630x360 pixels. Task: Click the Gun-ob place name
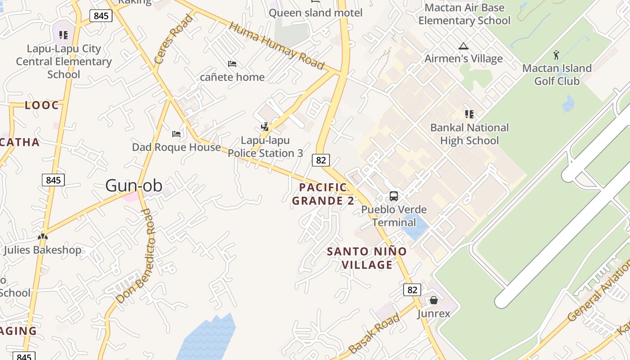(x=134, y=185)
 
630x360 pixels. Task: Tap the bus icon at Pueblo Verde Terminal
(x=394, y=196)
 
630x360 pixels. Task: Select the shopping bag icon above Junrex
(x=434, y=300)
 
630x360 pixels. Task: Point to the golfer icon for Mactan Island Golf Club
(x=557, y=55)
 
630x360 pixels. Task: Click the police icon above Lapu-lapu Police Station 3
(x=265, y=127)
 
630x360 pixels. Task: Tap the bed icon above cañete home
(x=232, y=64)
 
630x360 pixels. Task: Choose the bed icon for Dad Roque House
(x=176, y=134)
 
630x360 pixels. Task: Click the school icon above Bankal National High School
(x=469, y=114)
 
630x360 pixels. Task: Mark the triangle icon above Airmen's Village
(x=463, y=46)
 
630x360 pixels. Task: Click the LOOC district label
(x=42, y=105)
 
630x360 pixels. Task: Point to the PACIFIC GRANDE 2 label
(x=323, y=194)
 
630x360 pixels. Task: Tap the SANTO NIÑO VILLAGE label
(x=367, y=258)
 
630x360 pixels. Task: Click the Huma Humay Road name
(x=276, y=46)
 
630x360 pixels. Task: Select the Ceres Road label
(x=173, y=39)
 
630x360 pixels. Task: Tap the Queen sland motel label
(x=315, y=13)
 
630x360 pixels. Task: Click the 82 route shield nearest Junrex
(x=412, y=290)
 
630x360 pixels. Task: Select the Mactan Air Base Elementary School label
(x=464, y=14)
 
